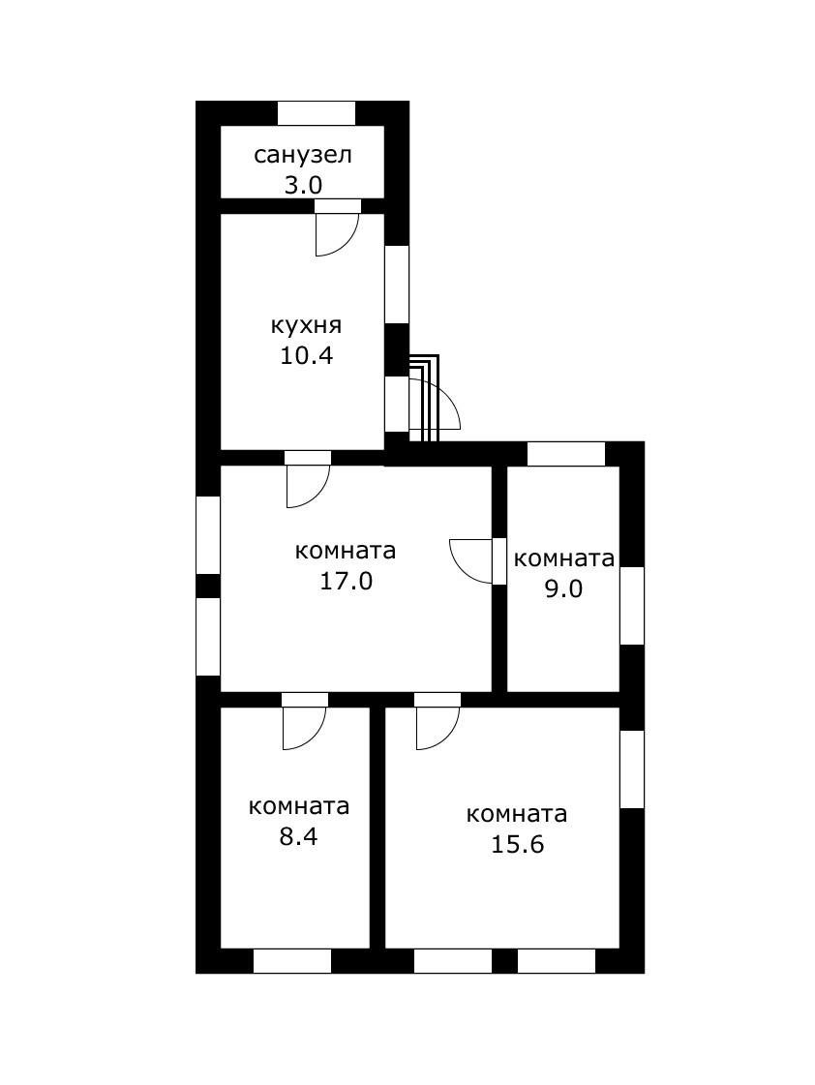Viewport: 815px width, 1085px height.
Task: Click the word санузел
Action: pos(302,155)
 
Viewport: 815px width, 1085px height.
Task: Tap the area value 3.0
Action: pos(302,184)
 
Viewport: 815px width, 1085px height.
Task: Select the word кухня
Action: pos(306,325)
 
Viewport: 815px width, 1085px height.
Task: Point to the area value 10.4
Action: pos(306,355)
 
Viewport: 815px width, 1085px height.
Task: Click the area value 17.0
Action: pos(346,581)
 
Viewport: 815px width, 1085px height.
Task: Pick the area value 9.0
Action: pos(562,588)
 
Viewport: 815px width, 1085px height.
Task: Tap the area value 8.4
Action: pos(298,836)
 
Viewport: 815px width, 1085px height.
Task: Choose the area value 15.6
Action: pos(517,844)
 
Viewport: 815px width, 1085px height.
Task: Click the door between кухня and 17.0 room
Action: pos(307,485)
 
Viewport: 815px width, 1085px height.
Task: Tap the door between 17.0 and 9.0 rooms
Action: pos(472,560)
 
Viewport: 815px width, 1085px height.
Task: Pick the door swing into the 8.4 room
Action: pos(303,727)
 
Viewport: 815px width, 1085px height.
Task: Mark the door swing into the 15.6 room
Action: pos(437,727)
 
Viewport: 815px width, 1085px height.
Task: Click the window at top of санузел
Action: pos(317,113)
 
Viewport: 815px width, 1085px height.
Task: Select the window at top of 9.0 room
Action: pos(565,453)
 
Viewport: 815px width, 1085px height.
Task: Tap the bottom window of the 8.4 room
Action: pos(291,960)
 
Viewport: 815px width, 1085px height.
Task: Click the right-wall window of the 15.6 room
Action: pos(631,769)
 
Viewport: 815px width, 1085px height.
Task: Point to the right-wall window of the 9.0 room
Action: pos(631,605)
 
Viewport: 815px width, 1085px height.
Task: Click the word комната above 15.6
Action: pos(517,814)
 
